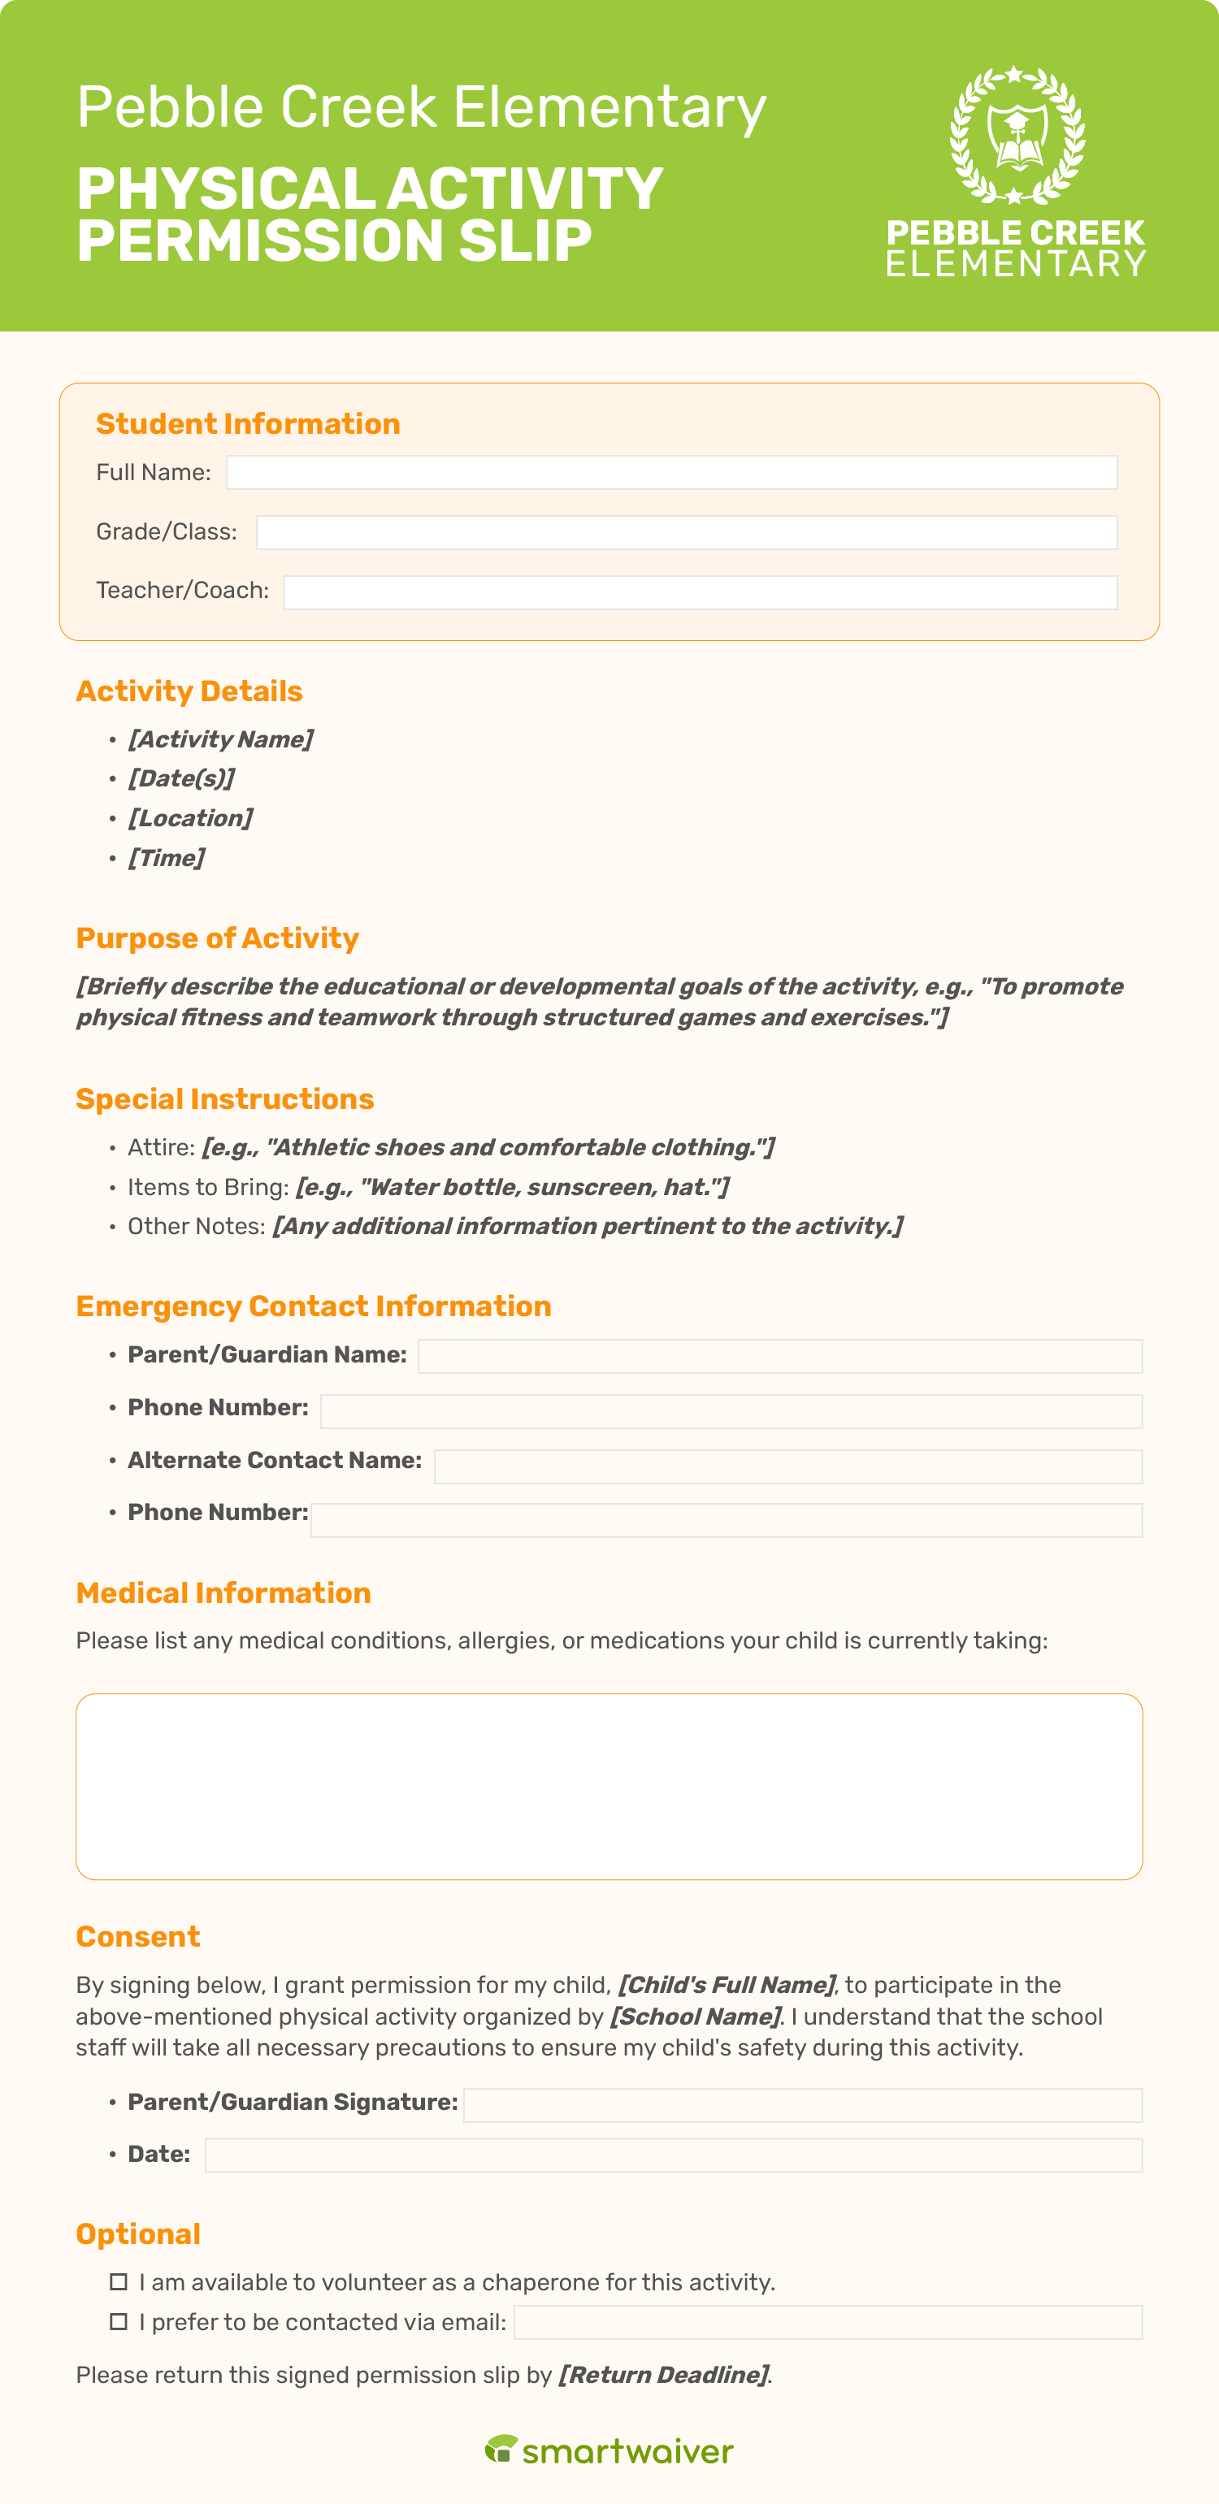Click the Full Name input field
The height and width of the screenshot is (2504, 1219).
(x=670, y=472)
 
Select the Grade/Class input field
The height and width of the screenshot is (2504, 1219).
(x=686, y=533)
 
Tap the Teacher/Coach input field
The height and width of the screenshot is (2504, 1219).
(x=700, y=592)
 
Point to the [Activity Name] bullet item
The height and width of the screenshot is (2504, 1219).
(x=219, y=739)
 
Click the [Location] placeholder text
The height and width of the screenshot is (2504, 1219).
(x=190, y=818)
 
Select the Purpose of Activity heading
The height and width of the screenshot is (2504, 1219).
(x=217, y=938)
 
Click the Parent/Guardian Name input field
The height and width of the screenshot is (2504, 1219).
(x=779, y=1356)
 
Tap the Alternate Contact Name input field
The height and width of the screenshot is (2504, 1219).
(x=787, y=1466)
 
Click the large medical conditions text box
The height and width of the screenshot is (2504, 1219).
(x=609, y=1786)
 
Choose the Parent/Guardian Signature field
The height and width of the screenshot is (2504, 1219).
(x=802, y=2104)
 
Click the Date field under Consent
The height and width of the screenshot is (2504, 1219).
(x=673, y=2155)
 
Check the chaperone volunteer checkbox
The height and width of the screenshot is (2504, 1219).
(x=119, y=2281)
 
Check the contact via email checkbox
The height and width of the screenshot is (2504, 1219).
(x=119, y=2322)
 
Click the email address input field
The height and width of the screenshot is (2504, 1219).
(x=827, y=2322)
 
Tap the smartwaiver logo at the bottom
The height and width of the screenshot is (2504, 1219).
(x=609, y=2450)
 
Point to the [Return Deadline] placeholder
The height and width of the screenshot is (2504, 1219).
(x=664, y=2375)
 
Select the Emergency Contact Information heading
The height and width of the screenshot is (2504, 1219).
(x=313, y=1306)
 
